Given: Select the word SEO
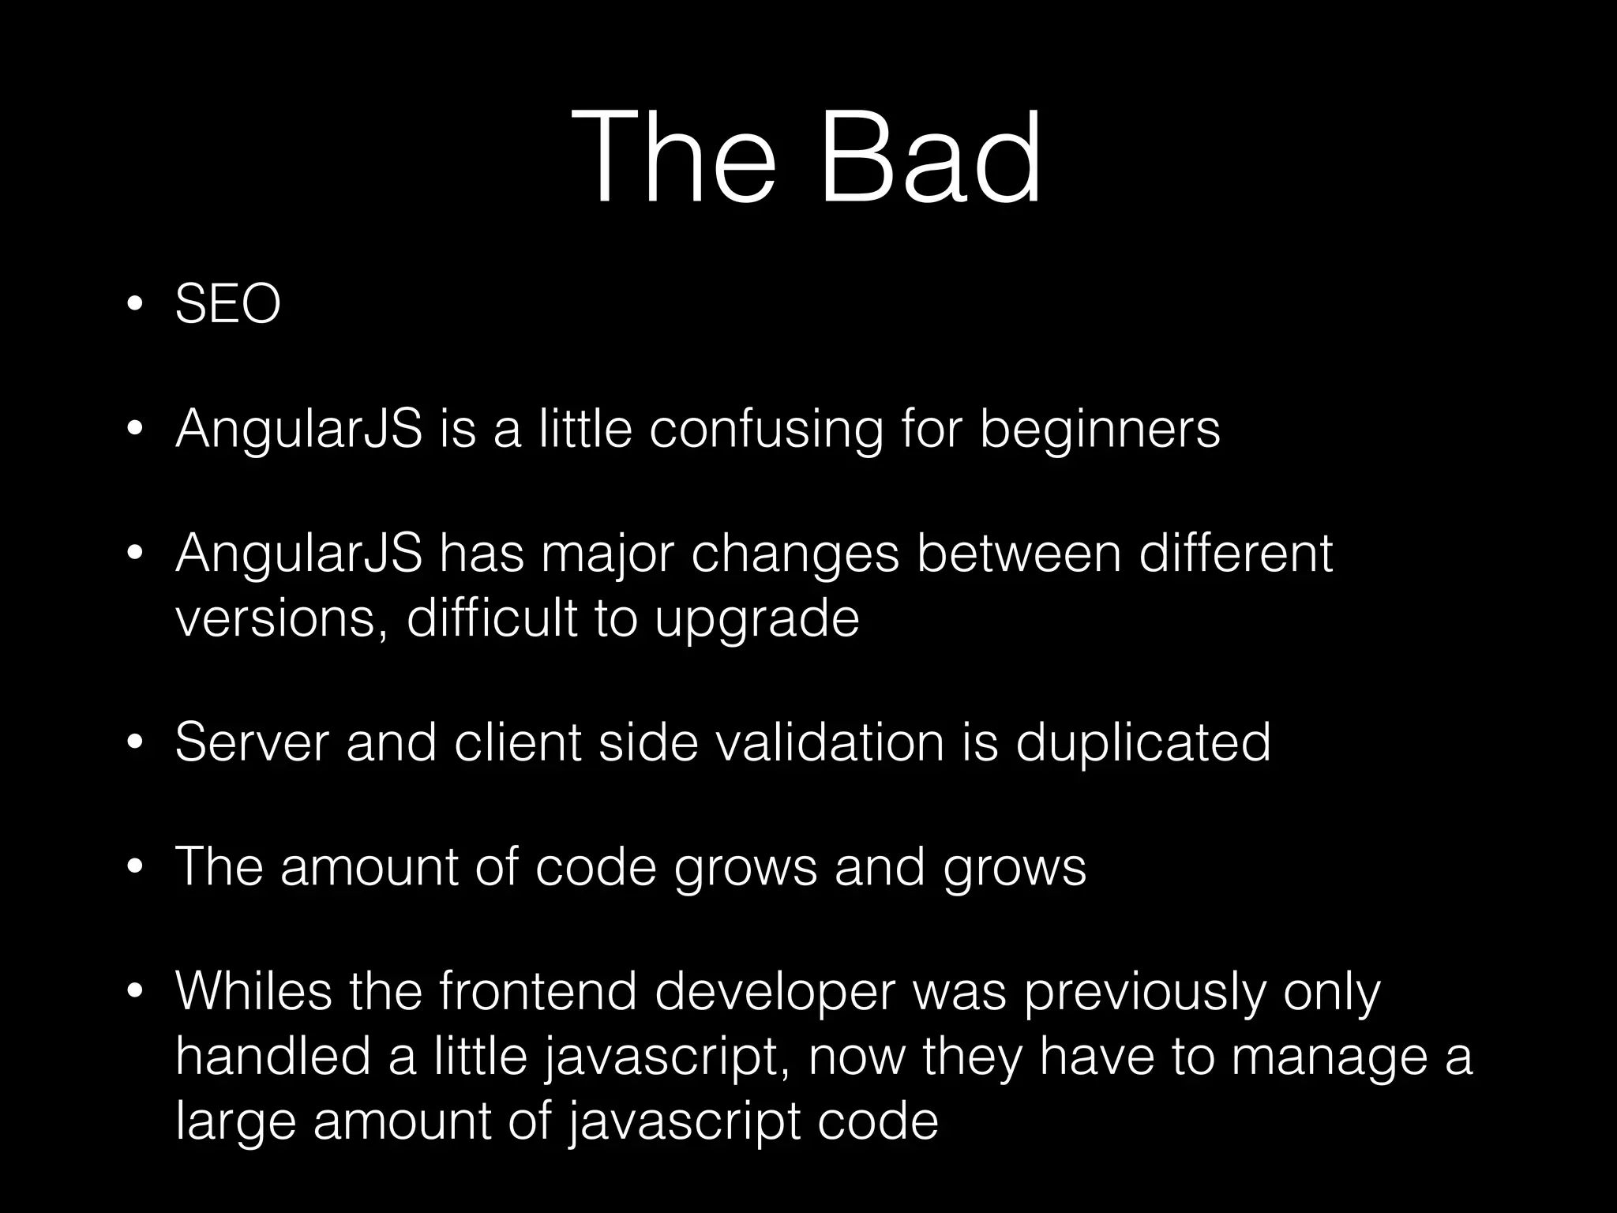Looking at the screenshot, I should [x=227, y=304].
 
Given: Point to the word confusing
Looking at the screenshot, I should [x=765, y=430].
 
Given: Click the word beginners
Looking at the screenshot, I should [x=1100, y=430].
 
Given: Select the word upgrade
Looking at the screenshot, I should [x=756, y=620].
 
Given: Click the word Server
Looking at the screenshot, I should [x=251, y=743].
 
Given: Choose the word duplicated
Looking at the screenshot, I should [x=1142, y=743].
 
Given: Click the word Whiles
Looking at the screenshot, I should [x=253, y=993].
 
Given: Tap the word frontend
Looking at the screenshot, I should [x=537, y=993].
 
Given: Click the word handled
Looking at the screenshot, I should [x=272, y=1056].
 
